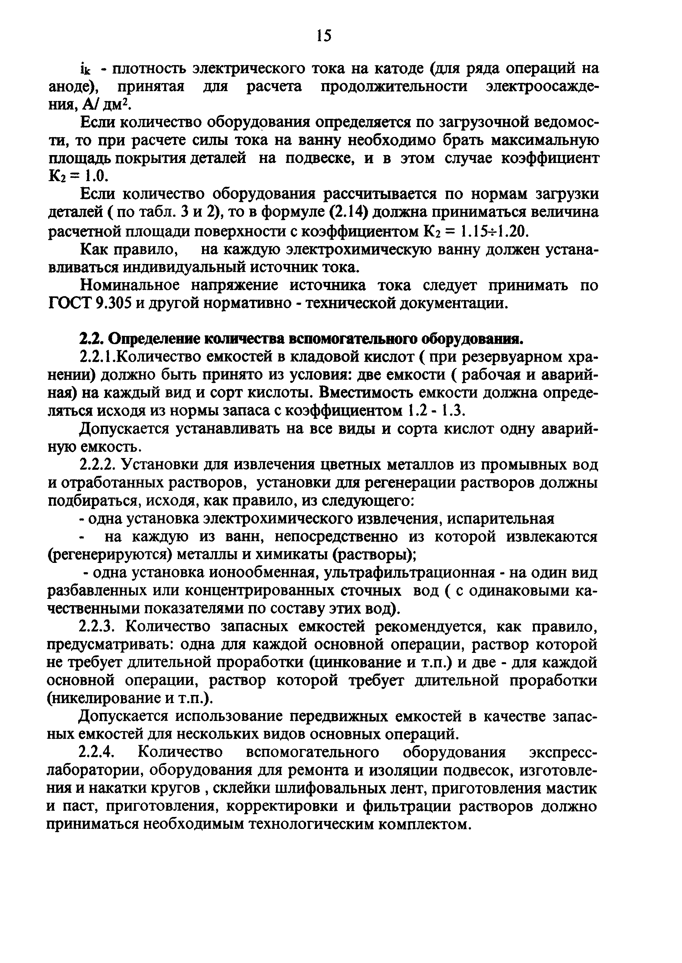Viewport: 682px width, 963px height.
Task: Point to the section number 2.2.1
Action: [x=98, y=357]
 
